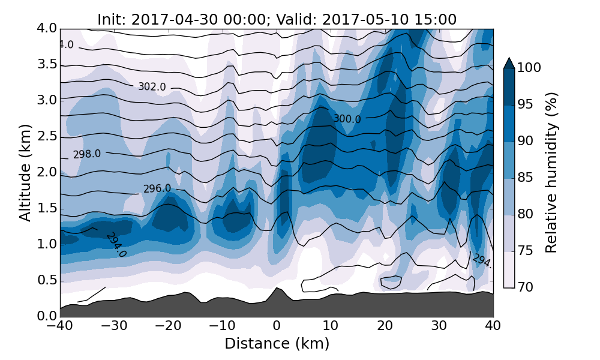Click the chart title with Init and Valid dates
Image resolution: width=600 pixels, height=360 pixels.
pos(277,19)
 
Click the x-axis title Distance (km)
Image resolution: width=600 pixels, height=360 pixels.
pos(277,344)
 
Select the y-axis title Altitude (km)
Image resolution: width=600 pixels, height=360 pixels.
pos(25,172)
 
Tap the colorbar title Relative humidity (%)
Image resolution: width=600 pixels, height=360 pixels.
pos(551,172)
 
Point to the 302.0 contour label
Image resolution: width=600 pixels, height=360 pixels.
pos(152,87)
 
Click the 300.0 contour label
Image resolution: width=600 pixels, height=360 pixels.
pos(347,119)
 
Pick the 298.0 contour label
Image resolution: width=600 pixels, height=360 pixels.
pos(87,154)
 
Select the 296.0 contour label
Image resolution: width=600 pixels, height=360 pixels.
pos(157,188)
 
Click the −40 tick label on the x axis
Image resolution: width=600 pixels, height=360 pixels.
pos(60,326)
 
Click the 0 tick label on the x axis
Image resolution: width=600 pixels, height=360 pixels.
pos(277,326)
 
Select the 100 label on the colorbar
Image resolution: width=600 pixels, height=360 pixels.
pos(529,68)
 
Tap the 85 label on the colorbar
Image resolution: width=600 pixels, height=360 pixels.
pos(526,178)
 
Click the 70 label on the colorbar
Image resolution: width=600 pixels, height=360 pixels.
pos(526,287)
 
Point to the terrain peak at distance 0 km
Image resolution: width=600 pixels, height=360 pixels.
pos(277,288)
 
